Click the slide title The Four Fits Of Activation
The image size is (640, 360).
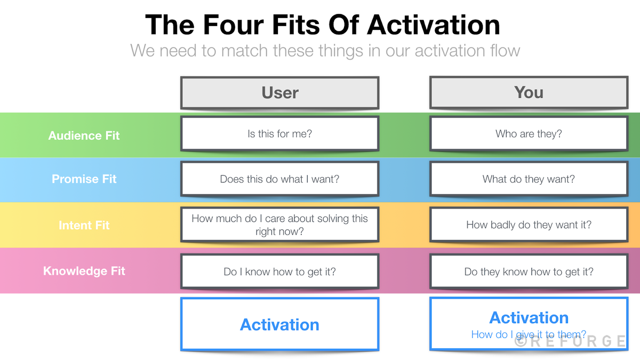(323, 25)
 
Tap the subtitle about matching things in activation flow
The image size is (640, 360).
(325, 51)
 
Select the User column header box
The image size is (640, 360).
(279, 93)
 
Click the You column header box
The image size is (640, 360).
(529, 93)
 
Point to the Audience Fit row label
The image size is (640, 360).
(84, 135)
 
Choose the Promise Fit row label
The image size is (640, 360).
(84, 179)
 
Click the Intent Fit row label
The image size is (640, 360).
(84, 225)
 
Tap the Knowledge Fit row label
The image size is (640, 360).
(84, 271)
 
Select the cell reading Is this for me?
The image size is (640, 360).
(279, 134)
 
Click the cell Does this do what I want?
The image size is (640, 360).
(279, 179)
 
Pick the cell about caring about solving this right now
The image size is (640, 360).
(279, 225)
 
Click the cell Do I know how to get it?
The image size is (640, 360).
(279, 272)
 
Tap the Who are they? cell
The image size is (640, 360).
(529, 134)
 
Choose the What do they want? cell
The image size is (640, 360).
(529, 179)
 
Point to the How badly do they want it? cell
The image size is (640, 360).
(529, 225)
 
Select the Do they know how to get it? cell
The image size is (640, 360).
(529, 272)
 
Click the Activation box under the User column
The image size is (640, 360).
(279, 324)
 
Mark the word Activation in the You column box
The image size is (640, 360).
(529, 318)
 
